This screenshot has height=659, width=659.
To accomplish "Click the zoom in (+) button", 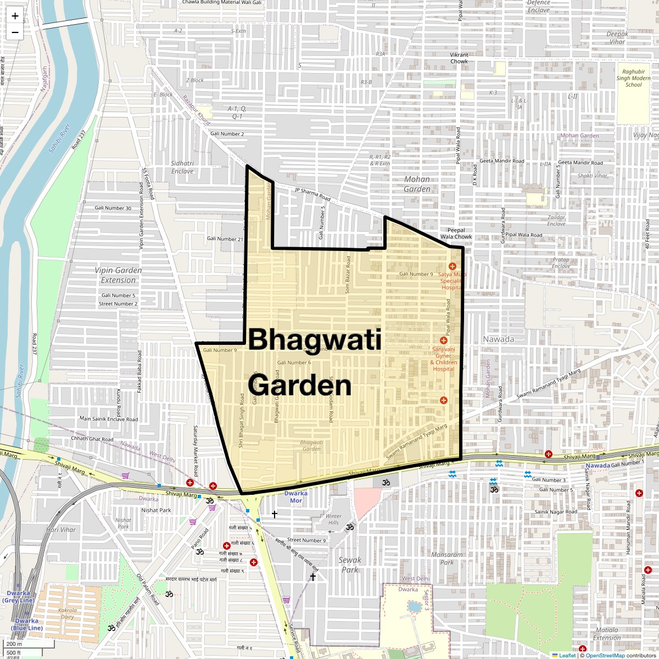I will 15,16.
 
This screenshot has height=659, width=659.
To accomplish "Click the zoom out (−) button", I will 15,32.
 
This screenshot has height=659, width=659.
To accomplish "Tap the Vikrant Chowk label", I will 459,58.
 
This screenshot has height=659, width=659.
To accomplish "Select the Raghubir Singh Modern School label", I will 633,78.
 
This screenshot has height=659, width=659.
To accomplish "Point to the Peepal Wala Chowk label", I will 456,233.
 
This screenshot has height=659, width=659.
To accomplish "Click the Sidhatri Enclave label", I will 182,167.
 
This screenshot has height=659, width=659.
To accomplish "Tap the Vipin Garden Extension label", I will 118,275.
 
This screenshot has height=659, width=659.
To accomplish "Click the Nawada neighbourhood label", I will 498,339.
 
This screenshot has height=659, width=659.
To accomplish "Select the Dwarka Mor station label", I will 296,497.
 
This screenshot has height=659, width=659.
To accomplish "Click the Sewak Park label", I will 350,565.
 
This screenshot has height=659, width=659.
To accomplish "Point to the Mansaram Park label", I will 447,559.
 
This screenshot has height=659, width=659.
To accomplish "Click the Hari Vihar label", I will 61,530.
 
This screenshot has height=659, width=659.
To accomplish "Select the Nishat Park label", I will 157,510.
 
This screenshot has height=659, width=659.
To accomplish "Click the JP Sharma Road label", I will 312,194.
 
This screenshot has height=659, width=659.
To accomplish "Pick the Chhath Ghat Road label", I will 92,439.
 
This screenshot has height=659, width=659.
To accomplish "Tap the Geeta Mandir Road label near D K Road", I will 502,161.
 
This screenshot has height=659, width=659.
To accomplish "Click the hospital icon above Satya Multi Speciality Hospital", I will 452,266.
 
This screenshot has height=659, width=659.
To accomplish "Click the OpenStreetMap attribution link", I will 605,655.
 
